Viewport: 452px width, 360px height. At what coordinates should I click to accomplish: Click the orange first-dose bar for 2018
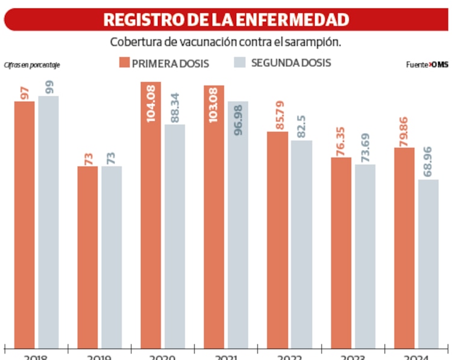[24, 223]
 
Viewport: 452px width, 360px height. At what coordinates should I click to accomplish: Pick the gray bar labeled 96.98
[237, 223]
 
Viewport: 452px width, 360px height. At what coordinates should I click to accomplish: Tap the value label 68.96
[428, 160]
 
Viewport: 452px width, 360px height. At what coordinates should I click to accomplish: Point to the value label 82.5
[301, 121]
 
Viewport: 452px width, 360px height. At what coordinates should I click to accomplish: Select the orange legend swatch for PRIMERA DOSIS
[125, 62]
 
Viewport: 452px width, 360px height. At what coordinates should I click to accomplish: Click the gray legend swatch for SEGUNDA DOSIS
[239, 62]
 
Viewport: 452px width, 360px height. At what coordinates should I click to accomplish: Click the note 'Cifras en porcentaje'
[32, 65]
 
